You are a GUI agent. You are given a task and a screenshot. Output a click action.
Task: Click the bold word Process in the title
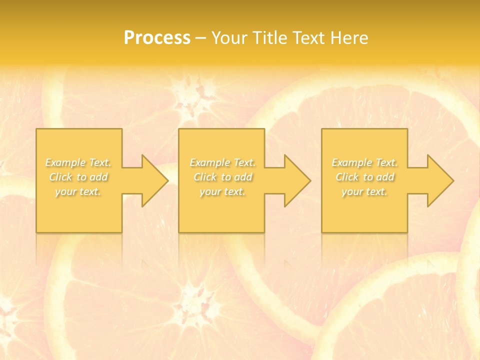(157, 38)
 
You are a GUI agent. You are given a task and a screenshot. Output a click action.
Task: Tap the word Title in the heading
(270, 38)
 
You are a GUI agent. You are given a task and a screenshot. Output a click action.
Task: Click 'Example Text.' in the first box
(78, 162)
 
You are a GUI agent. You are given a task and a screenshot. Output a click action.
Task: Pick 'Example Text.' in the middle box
(222, 162)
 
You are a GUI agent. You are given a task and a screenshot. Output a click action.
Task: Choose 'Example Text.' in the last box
(364, 162)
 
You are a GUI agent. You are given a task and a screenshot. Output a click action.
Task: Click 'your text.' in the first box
(78, 191)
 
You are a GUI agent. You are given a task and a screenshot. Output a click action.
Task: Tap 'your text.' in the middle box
(222, 191)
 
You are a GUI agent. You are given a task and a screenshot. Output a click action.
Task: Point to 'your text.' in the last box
(364, 191)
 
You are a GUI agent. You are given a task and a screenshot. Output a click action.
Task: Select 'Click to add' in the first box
(78, 177)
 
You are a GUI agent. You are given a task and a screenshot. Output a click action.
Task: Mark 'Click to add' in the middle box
(222, 177)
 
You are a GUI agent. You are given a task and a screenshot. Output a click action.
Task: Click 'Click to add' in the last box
(364, 177)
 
